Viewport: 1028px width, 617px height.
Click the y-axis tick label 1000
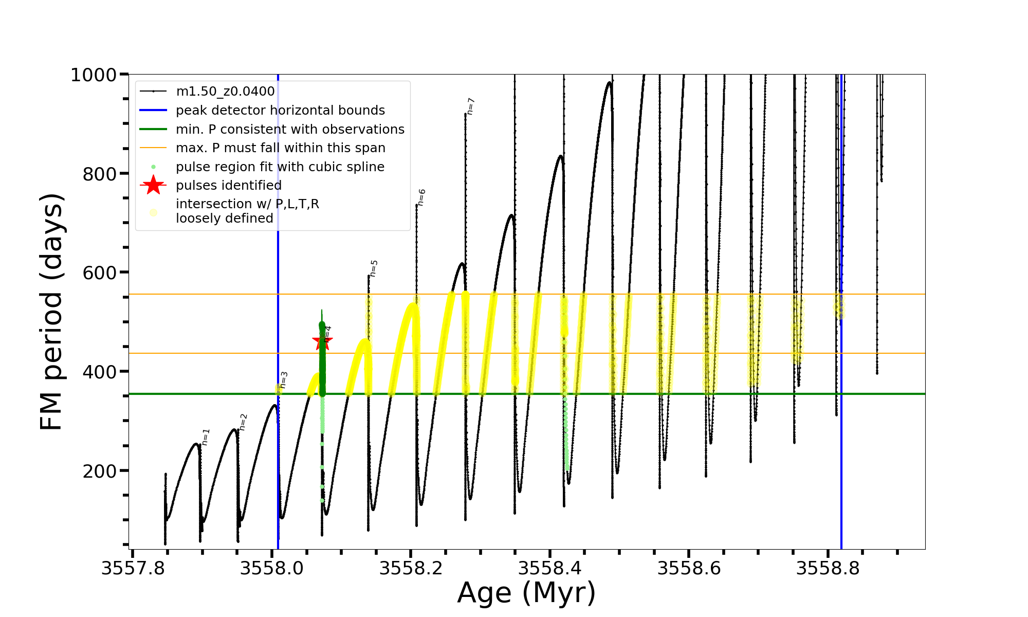pyautogui.click(x=94, y=75)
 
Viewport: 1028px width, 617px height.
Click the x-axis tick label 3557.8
pyautogui.click(x=133, y=569)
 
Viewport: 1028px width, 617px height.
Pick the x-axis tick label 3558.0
pyautogui.click(x=272, y=569)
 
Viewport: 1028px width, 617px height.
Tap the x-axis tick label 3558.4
pyautogui.click(x=550, y=569)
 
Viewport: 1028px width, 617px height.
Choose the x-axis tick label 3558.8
pyautogui.click(x=828, y=569)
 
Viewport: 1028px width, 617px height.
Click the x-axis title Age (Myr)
pyautogui.click(x=526, y=593)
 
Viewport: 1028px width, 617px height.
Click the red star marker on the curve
pyautogui.click(x=322, y=341)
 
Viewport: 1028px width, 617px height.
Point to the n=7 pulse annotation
pyautogui.click(x=470, y=106)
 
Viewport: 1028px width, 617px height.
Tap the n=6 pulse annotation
pyautogui.click(x=421, y=197)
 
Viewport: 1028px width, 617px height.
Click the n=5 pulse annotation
pyautogui.click(x=374, y=268)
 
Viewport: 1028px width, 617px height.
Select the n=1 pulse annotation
pyautogui.click(x=206, y=437)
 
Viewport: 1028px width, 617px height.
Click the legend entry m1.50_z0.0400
pyautogui.click(x=225, y=92)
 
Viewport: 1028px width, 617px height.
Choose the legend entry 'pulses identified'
pyautogui.click(x=229, y=185)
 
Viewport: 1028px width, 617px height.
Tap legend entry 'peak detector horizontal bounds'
pyautogui.click(x=280, y=110)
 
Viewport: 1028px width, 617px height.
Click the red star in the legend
pyautogui.click(x=153, y=185)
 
